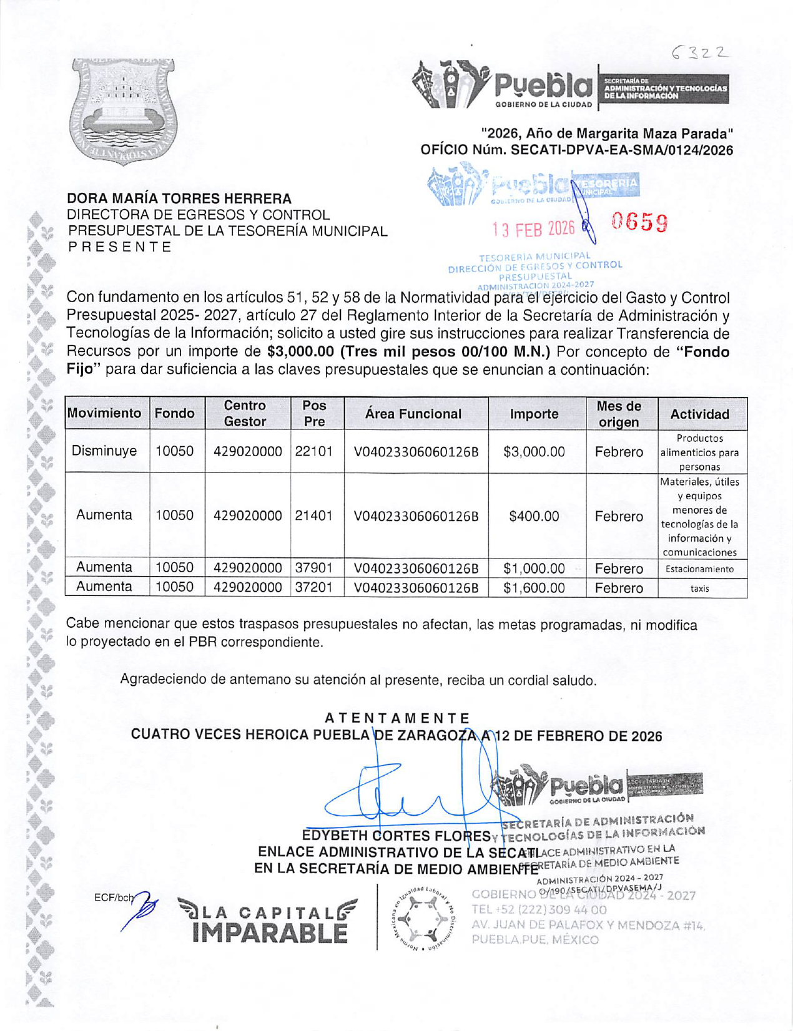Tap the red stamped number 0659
639,222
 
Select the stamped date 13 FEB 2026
533,229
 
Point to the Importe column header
534,414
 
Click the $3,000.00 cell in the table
534,451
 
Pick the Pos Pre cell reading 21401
314,515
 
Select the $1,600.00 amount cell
534,588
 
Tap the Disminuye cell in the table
104,451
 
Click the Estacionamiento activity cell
699,569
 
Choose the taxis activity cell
699,589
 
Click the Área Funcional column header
413,414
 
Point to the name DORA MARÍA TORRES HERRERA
179,198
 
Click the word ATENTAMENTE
397,718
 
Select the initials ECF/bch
113,898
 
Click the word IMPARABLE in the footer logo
270,933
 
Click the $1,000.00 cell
534,569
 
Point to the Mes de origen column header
619,414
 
